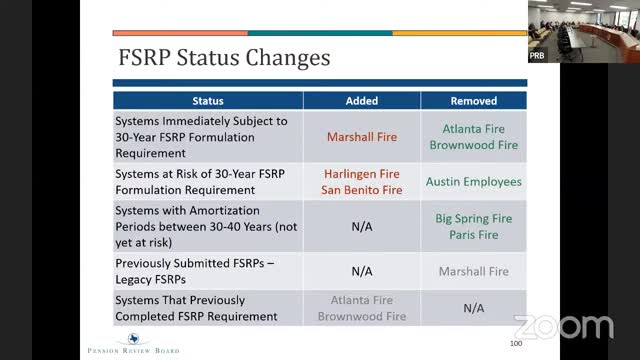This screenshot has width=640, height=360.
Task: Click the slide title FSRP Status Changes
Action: tap(223, 57)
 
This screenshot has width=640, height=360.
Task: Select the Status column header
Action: tap(208, 101)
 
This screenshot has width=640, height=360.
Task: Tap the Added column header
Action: tap(362, 101)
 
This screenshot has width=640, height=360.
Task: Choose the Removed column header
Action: tap(473, 101)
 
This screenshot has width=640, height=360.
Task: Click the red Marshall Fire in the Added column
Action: tap(362, 137)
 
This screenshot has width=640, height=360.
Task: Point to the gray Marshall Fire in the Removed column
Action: tap(473, 271)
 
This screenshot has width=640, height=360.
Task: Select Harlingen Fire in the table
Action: tap(362, 174)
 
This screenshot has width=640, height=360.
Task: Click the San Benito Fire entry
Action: tap(362, 190)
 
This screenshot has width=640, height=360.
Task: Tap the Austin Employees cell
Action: tap(473, 182)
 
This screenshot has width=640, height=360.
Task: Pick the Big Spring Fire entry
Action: tap(473, 218)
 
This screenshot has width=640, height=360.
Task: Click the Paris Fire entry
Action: tap(473, 234)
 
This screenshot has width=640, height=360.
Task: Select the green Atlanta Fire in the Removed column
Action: tap(473, 129)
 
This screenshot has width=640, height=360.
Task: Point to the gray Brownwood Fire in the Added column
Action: tap(362, 316)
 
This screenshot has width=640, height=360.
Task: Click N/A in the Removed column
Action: tap(473, 308)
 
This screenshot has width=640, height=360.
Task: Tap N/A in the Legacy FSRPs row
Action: tap(362, 271)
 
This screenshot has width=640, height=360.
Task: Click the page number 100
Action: tap(516, 344)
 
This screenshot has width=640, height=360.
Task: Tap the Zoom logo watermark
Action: tap(563, 326)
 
